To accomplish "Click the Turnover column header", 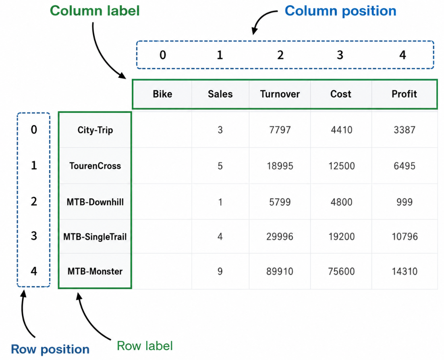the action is point(280,94).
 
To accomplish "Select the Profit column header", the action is point(404,94).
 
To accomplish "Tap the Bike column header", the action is point(162,94).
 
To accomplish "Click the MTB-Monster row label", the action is point(95,271).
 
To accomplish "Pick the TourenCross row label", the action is point(95,166).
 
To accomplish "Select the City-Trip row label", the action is point(95,130).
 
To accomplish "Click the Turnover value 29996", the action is point(280,237).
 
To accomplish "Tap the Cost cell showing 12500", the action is point(342,166).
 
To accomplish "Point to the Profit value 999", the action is point(405,202).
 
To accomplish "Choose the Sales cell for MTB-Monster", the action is point(220,271).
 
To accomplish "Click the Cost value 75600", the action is point(342,271).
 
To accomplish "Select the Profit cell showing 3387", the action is point(405,130).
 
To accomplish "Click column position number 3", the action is point(340,55).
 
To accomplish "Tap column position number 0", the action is point(162,55).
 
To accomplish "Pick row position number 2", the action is point(34,201).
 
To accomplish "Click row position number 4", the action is point(34,271).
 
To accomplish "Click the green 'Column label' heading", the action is point(95,11).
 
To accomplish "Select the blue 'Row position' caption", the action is point(50,349).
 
